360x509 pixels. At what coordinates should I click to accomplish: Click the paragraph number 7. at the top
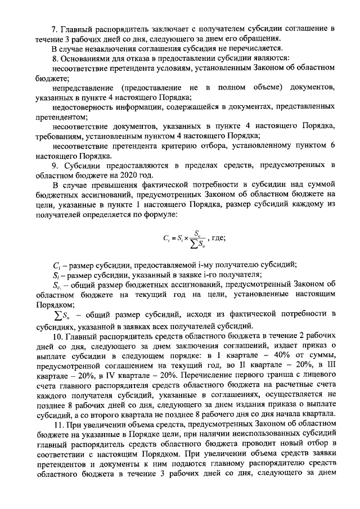coord(55,28)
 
